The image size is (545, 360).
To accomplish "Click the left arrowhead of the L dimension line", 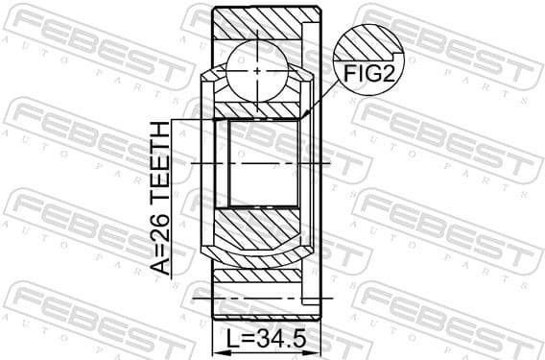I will [215, 327].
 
